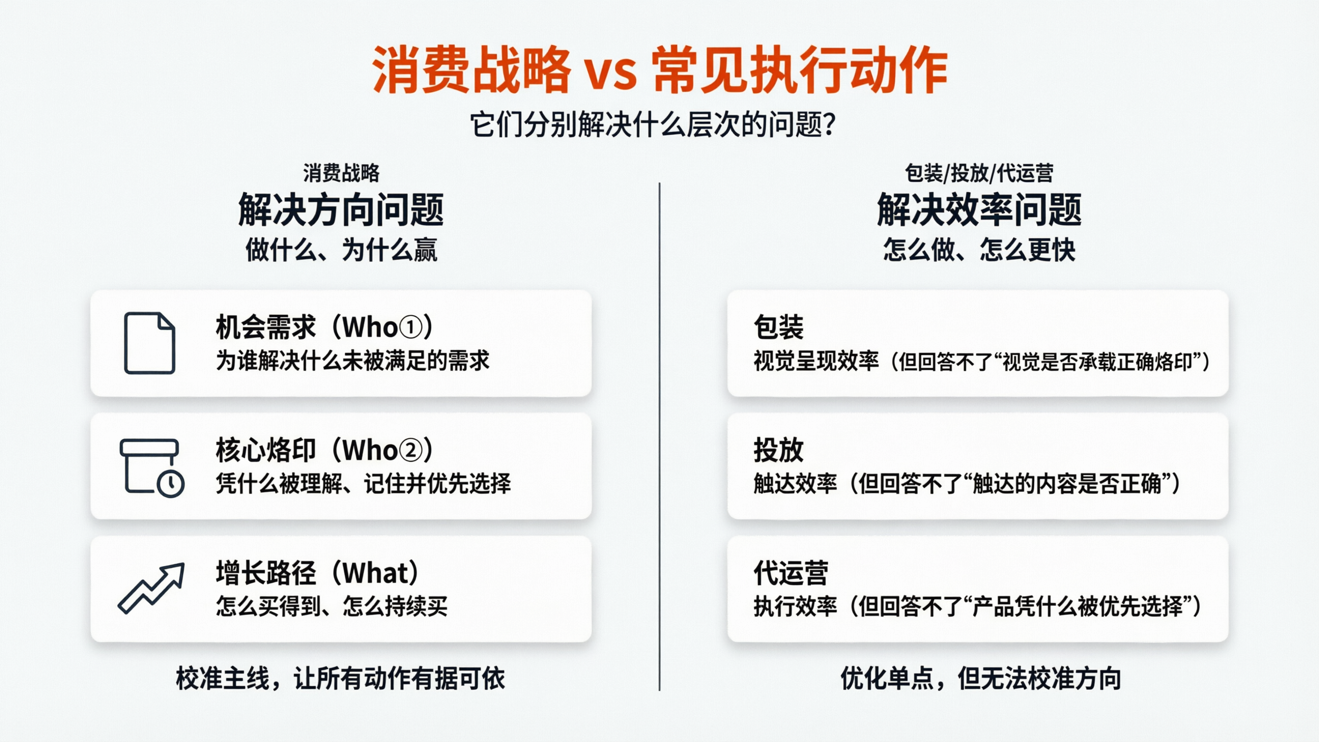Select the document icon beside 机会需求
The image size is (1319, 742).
(149, 342)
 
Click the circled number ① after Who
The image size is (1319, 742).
(410, 328)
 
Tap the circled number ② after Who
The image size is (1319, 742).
(410, 451)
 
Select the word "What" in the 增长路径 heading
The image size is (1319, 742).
(376, 573)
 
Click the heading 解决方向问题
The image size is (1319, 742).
(341, 210)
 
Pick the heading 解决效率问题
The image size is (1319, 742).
(978, 210)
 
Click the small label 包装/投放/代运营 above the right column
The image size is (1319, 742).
(978, 173)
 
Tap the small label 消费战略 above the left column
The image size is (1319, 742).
(341, 173)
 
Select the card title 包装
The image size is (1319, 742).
(778, 328)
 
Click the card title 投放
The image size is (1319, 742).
(778, 451)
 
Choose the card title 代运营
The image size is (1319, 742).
(790, 573)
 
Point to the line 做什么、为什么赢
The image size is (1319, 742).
(341, 250)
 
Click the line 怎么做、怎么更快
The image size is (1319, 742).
(978, 250)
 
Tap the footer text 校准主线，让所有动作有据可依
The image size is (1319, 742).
(341, 679)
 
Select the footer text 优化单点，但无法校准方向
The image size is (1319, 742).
(980, 679)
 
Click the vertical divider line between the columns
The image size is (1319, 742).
(659, 435)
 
